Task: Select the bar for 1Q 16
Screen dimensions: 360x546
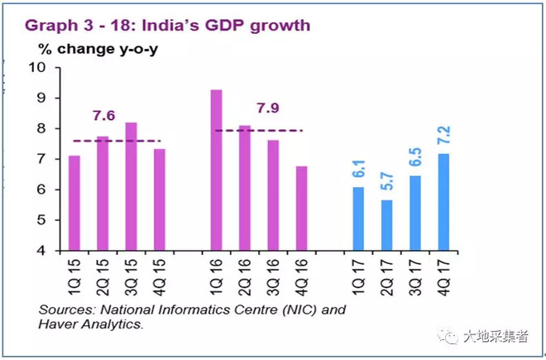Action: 216,170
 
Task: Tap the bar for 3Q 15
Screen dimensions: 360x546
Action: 132,186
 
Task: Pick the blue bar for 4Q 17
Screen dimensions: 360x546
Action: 443,202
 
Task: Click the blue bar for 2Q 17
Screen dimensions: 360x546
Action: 386,224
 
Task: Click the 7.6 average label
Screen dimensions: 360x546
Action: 104,115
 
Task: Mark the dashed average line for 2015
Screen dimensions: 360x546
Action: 117,141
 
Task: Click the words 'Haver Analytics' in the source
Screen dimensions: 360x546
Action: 89,325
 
